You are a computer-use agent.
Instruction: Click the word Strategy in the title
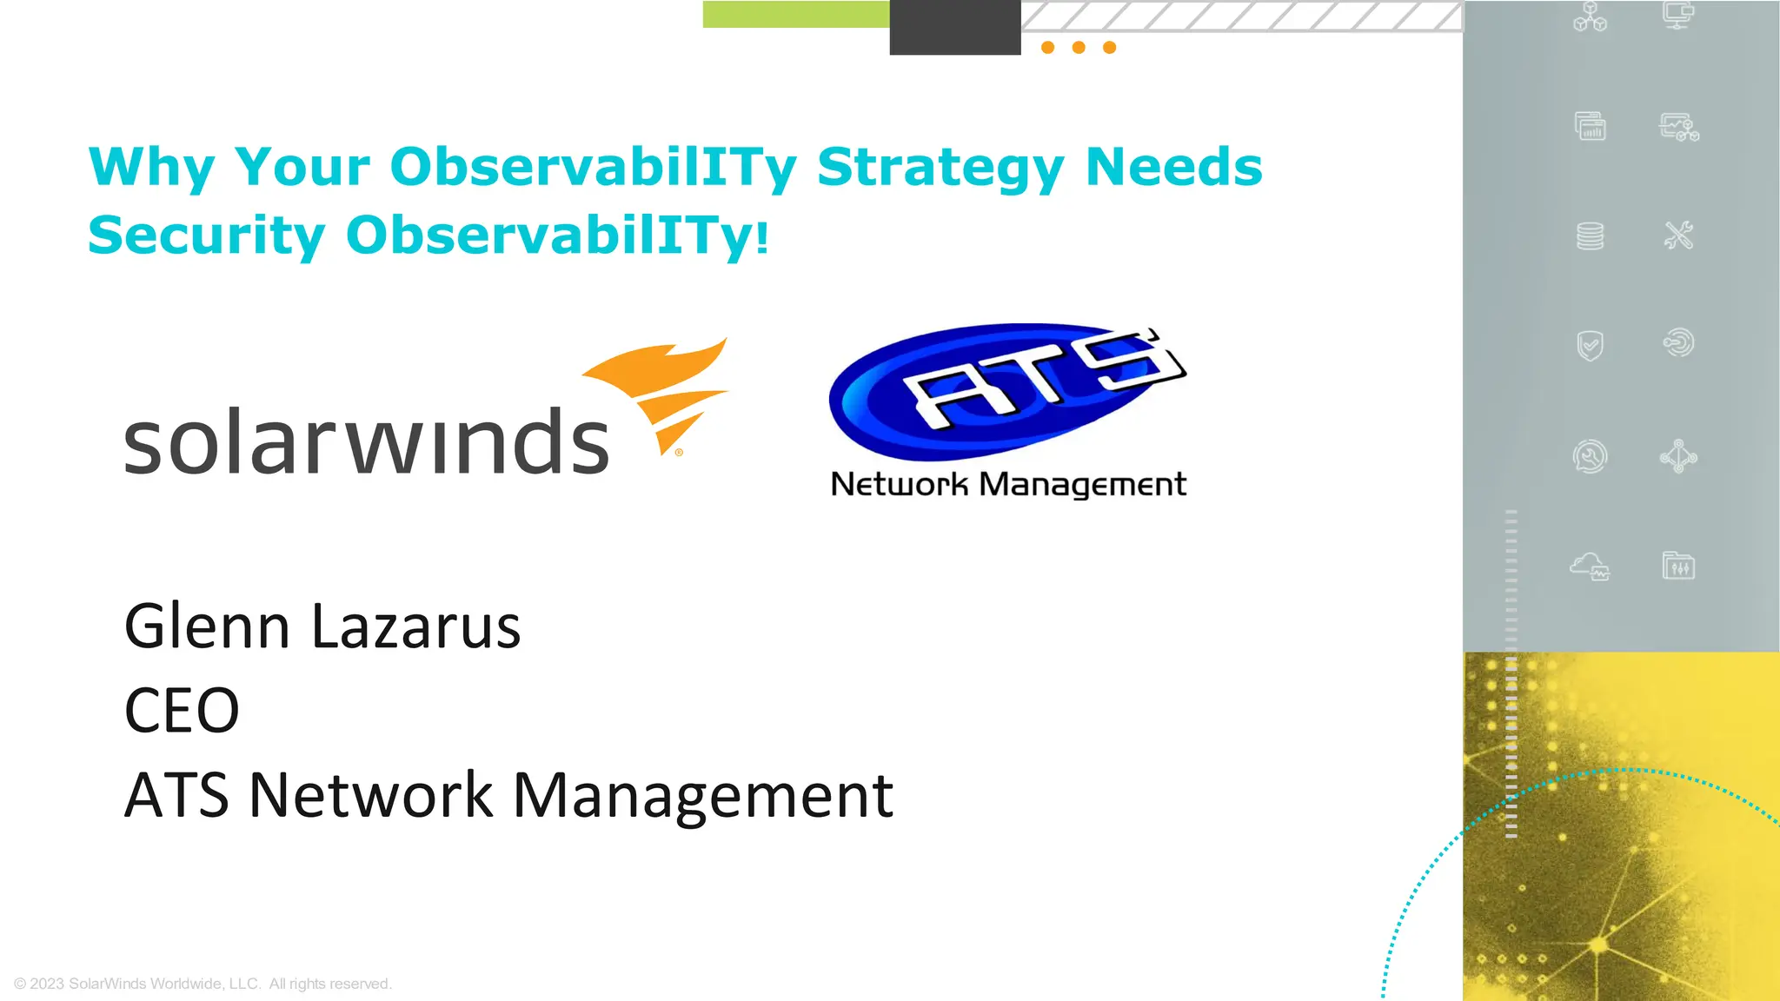coord(940,167)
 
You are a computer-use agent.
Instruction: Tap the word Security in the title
coord(207,235)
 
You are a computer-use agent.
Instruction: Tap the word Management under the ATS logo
coord(1082,484)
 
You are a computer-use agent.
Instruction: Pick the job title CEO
coord(182,710)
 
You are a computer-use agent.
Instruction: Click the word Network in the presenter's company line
coord(371,794)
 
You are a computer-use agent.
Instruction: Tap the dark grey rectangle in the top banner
coord(954,27)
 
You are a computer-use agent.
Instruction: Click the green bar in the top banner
coord(795,14)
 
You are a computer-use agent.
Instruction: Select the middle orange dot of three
coord(1079,48)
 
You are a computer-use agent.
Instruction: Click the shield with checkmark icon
coord(1590,345)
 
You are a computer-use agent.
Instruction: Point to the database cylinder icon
coord(1590,235)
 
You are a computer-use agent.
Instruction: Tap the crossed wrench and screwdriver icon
coord(1678,235)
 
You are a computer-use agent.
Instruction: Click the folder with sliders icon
coord(1678,567)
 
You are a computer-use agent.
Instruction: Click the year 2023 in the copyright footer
coord(47,984)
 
